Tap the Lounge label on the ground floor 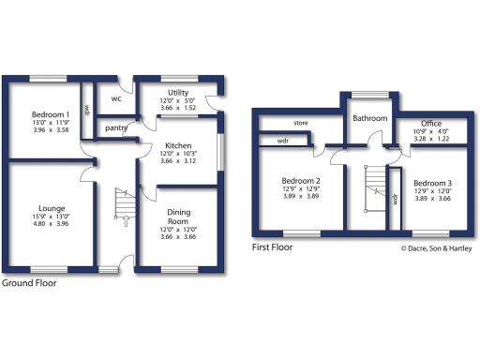pyautogui.click(x=52, y=208)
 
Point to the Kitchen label pyautogui.click(x=178, y=146)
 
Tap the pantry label pyautogui.click(x=117, y=127)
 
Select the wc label pyautogui.click(x=116, y=97)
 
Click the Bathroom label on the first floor pyautogui.click(x=370, y=119)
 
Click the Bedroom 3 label pyautogui.click(x=432, y=183)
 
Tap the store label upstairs pyautogui.click(x=301, y=123)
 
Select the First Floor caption pyautogui.click(x=272, y=248)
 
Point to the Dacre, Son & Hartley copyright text pyautogui.click(x=438, y=248)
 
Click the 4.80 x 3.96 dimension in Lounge pyautogui.click(x=52, y=225)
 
